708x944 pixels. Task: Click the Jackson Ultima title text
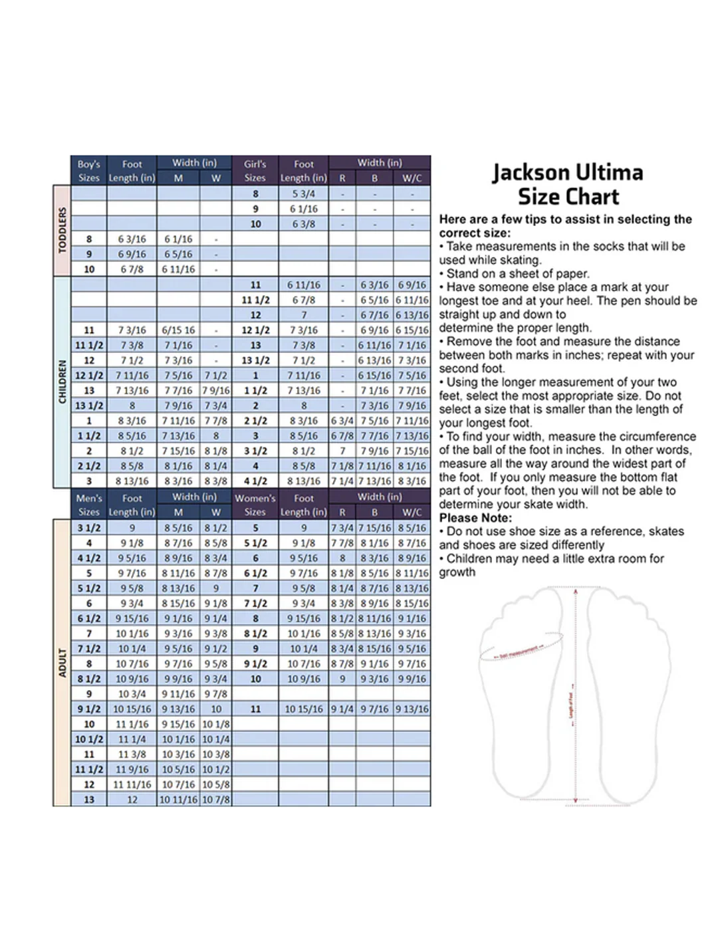(568, 173)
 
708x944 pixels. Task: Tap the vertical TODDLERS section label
(62, 230)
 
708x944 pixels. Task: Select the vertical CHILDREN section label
(62, 382)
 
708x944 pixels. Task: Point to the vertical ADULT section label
(62, 663)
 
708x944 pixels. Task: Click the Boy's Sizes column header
(88, 171)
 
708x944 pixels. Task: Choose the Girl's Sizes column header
(255, 171)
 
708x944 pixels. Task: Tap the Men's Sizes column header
(88, 505)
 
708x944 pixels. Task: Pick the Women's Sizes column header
(255, 505)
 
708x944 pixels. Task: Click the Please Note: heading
(475, 518)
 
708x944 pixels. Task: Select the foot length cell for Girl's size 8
(304, 194)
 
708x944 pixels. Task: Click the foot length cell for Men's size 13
(132, 800)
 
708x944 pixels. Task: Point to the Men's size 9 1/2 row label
(88, 709)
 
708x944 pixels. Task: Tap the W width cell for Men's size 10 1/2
(216, 739)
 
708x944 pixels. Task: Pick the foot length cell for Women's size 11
(304, 709)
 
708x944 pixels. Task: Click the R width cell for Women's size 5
(342, 529)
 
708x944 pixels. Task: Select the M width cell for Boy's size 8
(178, 239)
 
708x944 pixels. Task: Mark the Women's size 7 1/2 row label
(255, 604)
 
